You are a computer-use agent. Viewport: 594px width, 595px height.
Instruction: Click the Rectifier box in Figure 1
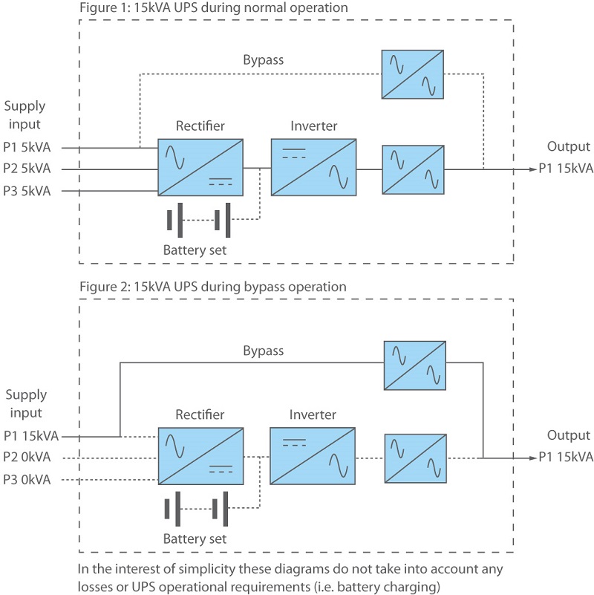pos(200,167)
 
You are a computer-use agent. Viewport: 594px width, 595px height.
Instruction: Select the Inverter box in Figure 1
pos(313,167)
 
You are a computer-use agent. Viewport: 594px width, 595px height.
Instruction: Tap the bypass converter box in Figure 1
pos(413,74)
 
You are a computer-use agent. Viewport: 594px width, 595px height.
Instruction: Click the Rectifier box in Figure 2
pos(200,456)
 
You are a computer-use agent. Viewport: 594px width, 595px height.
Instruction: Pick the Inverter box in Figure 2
pos(313,456)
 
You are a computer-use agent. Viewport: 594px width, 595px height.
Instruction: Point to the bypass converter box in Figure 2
pos(415,365)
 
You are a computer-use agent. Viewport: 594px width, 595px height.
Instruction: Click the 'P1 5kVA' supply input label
pos(27,147)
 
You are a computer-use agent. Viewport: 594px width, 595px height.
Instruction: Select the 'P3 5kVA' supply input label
pos(27,191)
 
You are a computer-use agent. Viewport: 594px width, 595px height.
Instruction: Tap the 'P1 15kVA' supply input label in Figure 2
pos(31,436)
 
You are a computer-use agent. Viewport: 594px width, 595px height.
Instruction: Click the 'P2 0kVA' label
pos(27,457)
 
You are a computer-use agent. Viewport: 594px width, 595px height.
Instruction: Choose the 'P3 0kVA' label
pos(27,480)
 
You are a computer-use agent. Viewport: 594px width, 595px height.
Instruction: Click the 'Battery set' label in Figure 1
pos(195,250)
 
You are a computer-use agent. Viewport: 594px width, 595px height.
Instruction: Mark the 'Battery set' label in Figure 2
pos(195,539)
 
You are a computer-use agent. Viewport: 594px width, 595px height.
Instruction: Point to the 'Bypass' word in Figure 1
pos(264,60)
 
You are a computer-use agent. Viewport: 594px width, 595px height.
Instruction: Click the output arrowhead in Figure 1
pos(534,169)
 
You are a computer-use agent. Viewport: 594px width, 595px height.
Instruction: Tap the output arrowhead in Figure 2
pos(534,458)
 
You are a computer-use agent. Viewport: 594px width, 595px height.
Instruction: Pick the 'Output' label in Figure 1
pos(568,147)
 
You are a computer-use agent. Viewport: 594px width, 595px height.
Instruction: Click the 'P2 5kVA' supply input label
pos(27,168)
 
